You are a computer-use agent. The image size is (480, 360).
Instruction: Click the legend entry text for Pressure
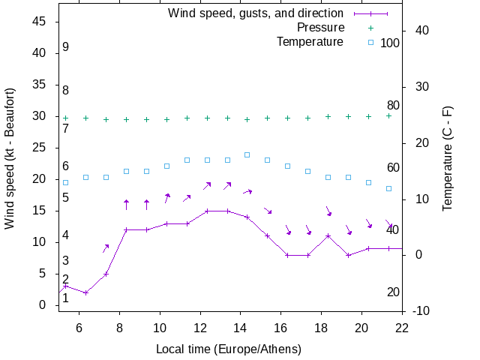coord(320,28)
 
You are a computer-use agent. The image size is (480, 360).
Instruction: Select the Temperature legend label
coord(310,42)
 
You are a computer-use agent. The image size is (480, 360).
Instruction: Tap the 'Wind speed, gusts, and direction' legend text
coord(255,13)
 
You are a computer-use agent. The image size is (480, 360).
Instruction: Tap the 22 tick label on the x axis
coord(402,327)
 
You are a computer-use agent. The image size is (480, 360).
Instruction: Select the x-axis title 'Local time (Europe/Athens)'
coord(229,349)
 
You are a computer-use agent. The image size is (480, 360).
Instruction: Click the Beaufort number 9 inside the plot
coord(66,47)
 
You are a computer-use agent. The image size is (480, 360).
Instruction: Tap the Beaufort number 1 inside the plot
coord(66,298)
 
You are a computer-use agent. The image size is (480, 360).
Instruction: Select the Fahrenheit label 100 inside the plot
coord(390,43)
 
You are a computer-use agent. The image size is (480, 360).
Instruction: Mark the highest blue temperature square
coord(247,154)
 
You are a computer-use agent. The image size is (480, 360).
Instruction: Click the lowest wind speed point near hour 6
coord(86,292)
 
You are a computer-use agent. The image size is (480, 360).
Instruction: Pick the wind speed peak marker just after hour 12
coord(207,211)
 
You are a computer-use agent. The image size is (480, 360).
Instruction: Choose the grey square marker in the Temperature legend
coord(370,42)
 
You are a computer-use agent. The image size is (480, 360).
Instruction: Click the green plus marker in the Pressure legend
coord(370,28)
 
